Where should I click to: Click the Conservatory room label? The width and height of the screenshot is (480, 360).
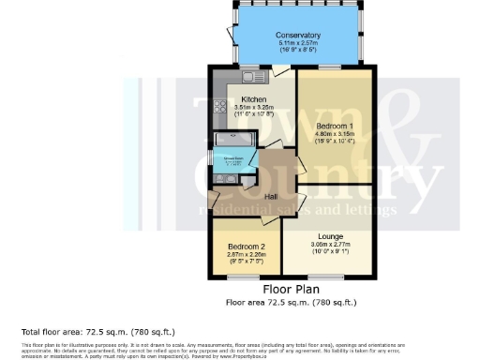pos(299,36)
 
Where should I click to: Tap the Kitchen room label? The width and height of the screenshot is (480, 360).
pos(253,99)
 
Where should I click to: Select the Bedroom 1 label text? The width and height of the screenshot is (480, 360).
pos(335,125)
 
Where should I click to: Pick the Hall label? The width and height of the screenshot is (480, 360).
pos(272,196)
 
